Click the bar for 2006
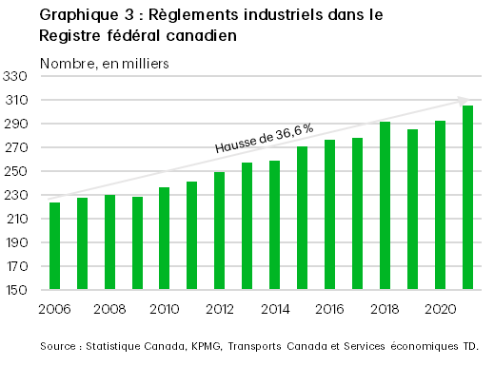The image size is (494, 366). pyautogui.click(x=55, y=246)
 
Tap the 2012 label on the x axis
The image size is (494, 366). pyautogui.click(x=219, y=308)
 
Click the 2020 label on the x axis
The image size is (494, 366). pyautogui.click(x=439, y=308)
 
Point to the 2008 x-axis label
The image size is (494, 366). pyautogui.click(x=109, y=308)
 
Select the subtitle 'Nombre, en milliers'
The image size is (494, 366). pyautogui.click(x=104, y=64)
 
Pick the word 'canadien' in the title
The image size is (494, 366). pyautogui.click(x=202, y=35)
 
